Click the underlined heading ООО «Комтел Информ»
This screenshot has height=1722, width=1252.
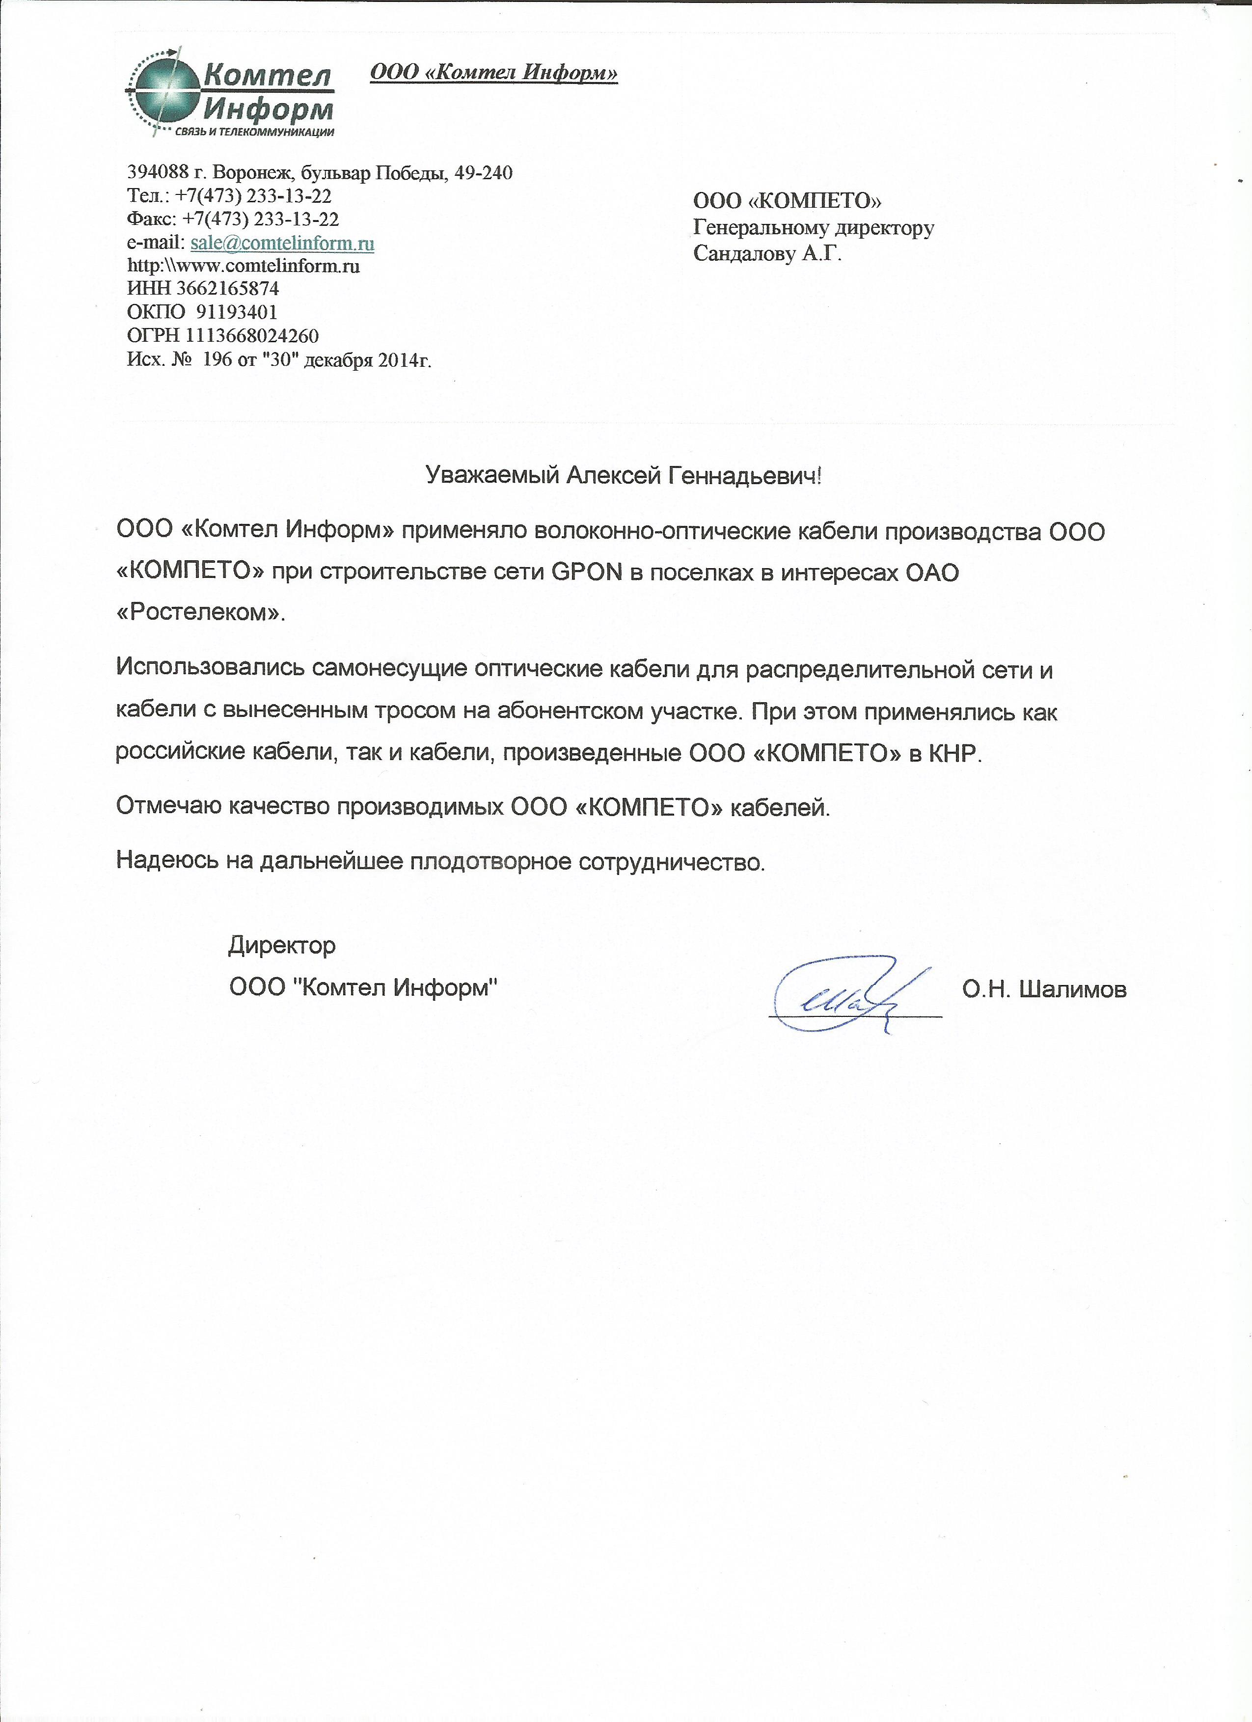(493, 73)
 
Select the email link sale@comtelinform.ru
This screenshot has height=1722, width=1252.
(282, 243)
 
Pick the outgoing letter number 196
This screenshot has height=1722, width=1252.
(218, 359)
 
